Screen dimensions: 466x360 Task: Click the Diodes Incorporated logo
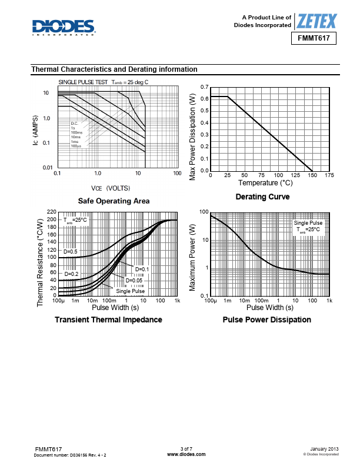click(64, 26)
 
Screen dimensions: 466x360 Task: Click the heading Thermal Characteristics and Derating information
click(114, 69)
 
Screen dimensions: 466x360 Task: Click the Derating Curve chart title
click(262, 197)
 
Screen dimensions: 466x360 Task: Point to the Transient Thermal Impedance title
click(108, 319)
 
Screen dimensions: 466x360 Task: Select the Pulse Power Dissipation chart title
click(267, 319)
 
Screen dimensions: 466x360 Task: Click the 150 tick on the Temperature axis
click(312, 175)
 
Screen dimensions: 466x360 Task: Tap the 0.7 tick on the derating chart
click(204, 87)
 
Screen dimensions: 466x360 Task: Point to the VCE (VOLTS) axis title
click(111, 188)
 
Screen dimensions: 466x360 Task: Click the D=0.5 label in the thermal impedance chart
click(71, 252)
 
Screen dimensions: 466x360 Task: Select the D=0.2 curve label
click(71, 274)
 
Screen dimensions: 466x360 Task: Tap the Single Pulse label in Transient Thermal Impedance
click(130, 291)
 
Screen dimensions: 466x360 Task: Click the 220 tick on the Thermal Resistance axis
click(51, 212)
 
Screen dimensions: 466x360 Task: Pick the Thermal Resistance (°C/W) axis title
click(40, 262)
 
